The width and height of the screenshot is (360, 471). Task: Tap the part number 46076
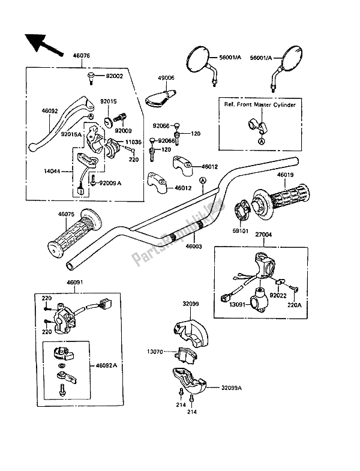click(x=82, y=55)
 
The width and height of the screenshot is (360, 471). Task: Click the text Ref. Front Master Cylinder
click(x=259, y=104)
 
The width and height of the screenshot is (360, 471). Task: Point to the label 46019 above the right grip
click(x=286, y=176)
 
